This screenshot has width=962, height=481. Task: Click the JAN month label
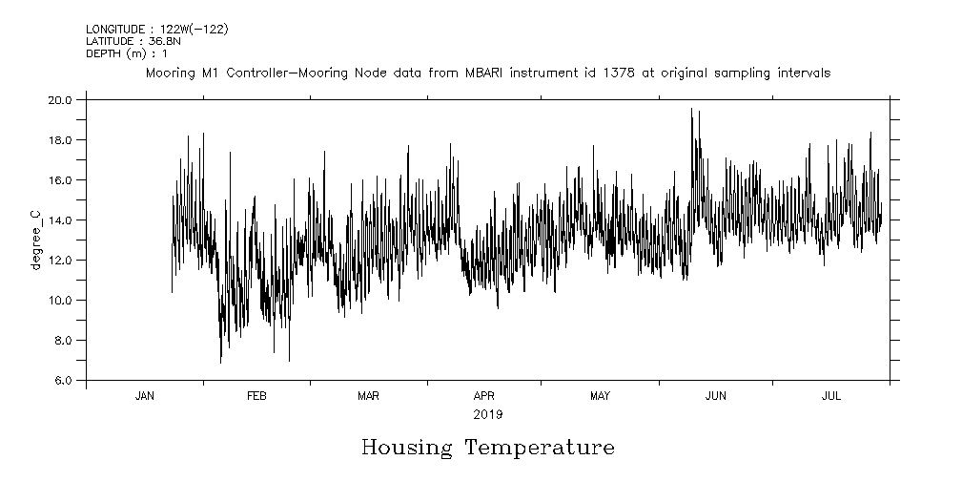(x=145, y=396)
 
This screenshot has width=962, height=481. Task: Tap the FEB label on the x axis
(x=256, y=396)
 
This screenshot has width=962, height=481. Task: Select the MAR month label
(x=369, y=396)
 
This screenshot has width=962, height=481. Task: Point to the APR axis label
(x=484, y=396)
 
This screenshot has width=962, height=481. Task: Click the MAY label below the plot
(x=600, y=396)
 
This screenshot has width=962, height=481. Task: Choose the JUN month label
(x=716, y=396)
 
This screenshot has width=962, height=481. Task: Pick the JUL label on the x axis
(x=831, y=396)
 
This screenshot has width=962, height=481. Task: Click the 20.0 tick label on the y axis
(x=62, y=99)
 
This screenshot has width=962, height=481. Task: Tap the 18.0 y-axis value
(x=62, y=139)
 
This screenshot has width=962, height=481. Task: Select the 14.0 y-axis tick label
(x=62, y=220)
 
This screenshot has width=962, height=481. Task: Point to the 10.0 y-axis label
(x=62, y=300)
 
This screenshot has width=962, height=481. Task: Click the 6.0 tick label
(x=65, y=380)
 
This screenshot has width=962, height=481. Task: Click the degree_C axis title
(x=36, y=240)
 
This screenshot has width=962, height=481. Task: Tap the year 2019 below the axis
(x=487, y=415)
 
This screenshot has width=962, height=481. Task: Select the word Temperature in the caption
(x=540, y=448)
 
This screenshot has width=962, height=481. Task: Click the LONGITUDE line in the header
(x=156, y=30)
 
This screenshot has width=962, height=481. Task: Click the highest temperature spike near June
(x=691, y=110)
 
